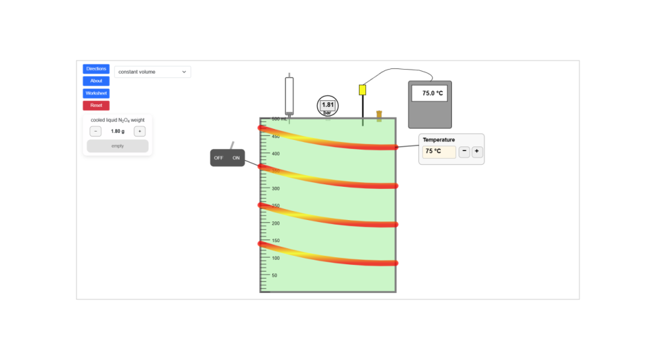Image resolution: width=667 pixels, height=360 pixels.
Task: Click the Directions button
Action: click(x=96, y=68)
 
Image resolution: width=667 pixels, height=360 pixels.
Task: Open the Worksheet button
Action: click(x=96, y=93)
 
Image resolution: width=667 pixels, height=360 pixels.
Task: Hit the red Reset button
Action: click(x=96, y=105)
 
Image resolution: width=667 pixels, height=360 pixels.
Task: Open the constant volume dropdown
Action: click(x=152, y=72)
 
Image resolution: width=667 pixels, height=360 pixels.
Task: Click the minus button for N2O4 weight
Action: click(x=95, y=132)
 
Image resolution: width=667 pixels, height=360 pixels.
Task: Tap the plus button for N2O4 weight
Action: click(x=139, y=132)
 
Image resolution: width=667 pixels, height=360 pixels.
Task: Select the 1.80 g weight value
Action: click(x=117, y=132)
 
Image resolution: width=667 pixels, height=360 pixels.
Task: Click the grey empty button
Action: click(x=117, y=146)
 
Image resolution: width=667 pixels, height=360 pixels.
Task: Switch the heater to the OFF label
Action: click(x=219, y=158)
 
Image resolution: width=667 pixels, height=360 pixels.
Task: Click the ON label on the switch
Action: click(x=236, y=158)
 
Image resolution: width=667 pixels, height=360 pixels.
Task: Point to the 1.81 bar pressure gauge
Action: click(x=328, y=105)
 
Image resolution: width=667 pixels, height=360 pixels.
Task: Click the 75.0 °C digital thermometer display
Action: click(x=433, y=93)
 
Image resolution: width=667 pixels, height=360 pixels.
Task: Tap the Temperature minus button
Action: click(x=464, y=152)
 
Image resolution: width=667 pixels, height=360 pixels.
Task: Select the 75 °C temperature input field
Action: click(x=439, y=152)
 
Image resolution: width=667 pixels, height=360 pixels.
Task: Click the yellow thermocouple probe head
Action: click(x=363, y=90)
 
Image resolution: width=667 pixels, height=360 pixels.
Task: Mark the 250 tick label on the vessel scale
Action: click(x=276, y=206)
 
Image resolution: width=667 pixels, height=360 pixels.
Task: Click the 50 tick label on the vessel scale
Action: click(x=274, y=275)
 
